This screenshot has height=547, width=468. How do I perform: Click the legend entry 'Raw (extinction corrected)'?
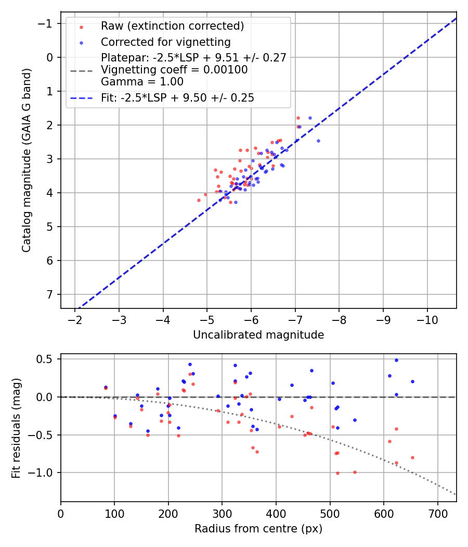point(172,26)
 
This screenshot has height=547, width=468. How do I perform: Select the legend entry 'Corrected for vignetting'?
point(166,42)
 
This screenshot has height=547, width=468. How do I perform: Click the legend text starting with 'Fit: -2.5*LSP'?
point(177,97)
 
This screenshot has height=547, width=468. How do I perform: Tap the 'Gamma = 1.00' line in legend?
point(142,81)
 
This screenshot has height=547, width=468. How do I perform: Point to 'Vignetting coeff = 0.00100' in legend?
point(174,69)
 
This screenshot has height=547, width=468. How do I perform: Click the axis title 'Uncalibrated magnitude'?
point(258,334)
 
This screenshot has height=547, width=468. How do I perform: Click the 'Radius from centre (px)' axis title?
point(258,529)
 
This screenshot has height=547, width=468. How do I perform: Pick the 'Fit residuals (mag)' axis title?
point(16,427)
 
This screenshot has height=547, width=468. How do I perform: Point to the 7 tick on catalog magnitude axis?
point(50,294)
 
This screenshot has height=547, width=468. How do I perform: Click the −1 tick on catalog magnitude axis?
point(47,23)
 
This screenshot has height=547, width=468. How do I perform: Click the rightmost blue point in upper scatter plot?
point(318,141)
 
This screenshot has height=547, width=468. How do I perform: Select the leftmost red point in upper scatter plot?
point(199,200)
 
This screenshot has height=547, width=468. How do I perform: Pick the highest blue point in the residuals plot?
point(396,360)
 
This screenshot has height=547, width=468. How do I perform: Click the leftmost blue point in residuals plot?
point(106,387)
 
